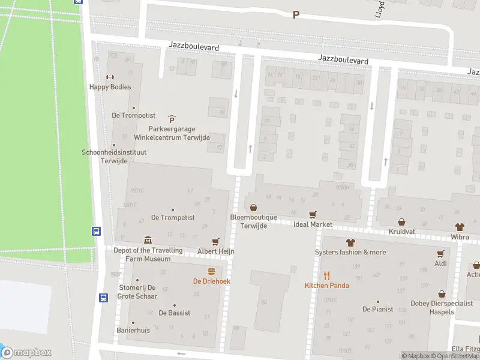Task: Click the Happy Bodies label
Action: pyautogui.click(x=110, y=87)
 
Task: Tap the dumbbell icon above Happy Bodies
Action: pyautogui.click(x=110, y=77)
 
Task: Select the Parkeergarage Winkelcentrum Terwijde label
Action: pyautogui.click(x=172, y=133)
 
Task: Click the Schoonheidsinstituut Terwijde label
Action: pyautogui.click(x=114, y=156)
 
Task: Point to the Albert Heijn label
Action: pyautogui.click(x=216, y=251)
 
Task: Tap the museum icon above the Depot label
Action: pyautogui.click(x=148, y=241)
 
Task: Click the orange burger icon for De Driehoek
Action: pyautogui.click(x=211, y=271)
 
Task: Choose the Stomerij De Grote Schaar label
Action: pyautogui.click(x=137, y=292)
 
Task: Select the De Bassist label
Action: pyautogui.click(x=175, y=313)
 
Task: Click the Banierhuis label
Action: pyautogui.click(x=133, y=331)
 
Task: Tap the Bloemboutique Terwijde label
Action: pyautogui.click(x=253, y=221)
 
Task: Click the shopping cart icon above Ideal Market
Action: pyautogui.click(x=313, y=214)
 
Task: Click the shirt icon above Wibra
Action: pyautogui.click(x=460, y=227)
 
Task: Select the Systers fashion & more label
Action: pyautogui.click(x=350, y=252)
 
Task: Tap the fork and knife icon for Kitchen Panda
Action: pyautogui.click(x=326, y=275)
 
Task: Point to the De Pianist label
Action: pyautogui.click(x=377, y=309)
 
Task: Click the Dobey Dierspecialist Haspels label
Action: pyautogui.click(x=441, y=307)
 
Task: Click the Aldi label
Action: pyautogui.click(x=441, y=263)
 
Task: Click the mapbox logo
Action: pyautogui.click(x=26, y=353)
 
